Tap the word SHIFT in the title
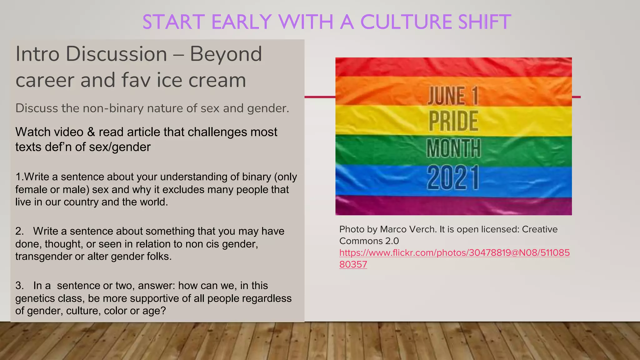(x=484, y=22)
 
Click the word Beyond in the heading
(x=226, y=54)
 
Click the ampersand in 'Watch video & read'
(x=91, y=132)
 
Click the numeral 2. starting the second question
(x=19, y=231)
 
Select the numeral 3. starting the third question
(x=19, y=286)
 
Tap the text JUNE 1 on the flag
(x=453, y=96)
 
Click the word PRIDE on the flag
(x=453, y=121)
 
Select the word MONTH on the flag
(x=453, y=148)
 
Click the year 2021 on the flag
(x=453, y=178)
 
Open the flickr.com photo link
(x=454, y=253)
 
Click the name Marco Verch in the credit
(x=408, y=229)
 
